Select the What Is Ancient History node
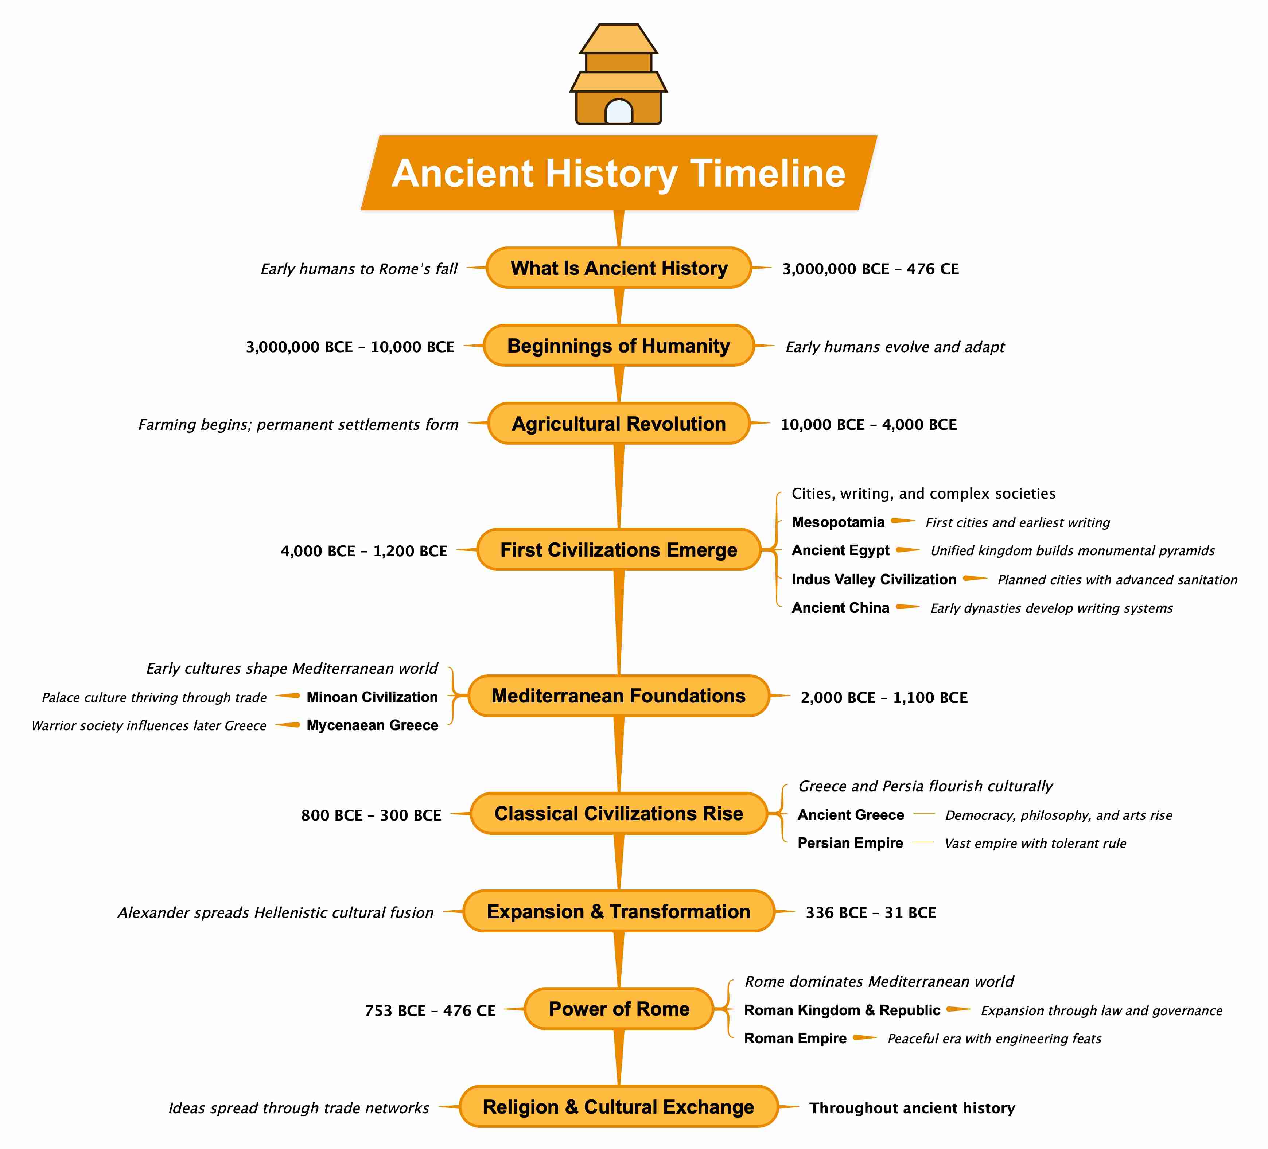[x=619, y=268]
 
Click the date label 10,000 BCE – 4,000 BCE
[x=868, y=425]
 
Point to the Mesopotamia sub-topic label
[x=838, y=522]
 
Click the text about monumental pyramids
[x=1072, y=551]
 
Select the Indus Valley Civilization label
[x=874, y=579]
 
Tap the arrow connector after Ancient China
[x=907, y=607]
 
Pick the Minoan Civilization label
[x=372, y=697]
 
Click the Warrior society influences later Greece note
[x=149, y=726]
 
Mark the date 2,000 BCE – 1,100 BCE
[x=884, y=697]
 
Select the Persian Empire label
[x=850, y=843]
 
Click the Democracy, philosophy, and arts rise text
[x=1059, y=815]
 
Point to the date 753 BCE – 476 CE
[x=430, y=1010]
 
